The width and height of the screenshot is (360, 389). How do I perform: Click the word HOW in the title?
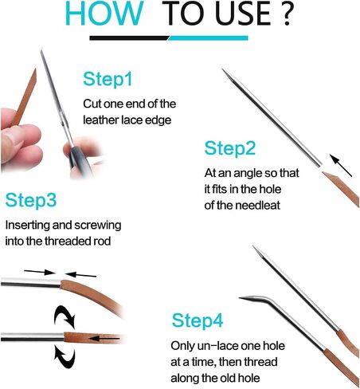click(x=104, y=14)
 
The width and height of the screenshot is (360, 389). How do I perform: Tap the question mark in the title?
click(x=287, y=14)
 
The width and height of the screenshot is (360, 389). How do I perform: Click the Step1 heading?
click(x=108, y=79)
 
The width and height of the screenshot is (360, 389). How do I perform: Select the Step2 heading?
click(x=230, y=148)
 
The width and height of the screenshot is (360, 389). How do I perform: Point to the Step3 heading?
click(x=31, y=200)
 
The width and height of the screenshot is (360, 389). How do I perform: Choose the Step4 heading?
click(x=198, y=320)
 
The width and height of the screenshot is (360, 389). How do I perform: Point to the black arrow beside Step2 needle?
click(x=341, y=165)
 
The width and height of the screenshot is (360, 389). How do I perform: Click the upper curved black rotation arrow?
click(x=65, y=316)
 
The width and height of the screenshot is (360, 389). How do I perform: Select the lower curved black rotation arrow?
click(x=65, y=356)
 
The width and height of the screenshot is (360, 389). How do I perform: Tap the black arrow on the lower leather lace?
click(x=104, y=338)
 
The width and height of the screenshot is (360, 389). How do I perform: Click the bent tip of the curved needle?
click(x=241, y=298)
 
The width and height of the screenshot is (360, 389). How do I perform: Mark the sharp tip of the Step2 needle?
click(x=223, y=69)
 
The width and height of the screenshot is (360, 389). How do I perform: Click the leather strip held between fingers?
click(x=25, y=97)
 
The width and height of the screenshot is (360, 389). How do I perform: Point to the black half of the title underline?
click(x=129, y=38)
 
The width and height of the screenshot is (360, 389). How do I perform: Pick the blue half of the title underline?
click(x=208, y=38)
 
